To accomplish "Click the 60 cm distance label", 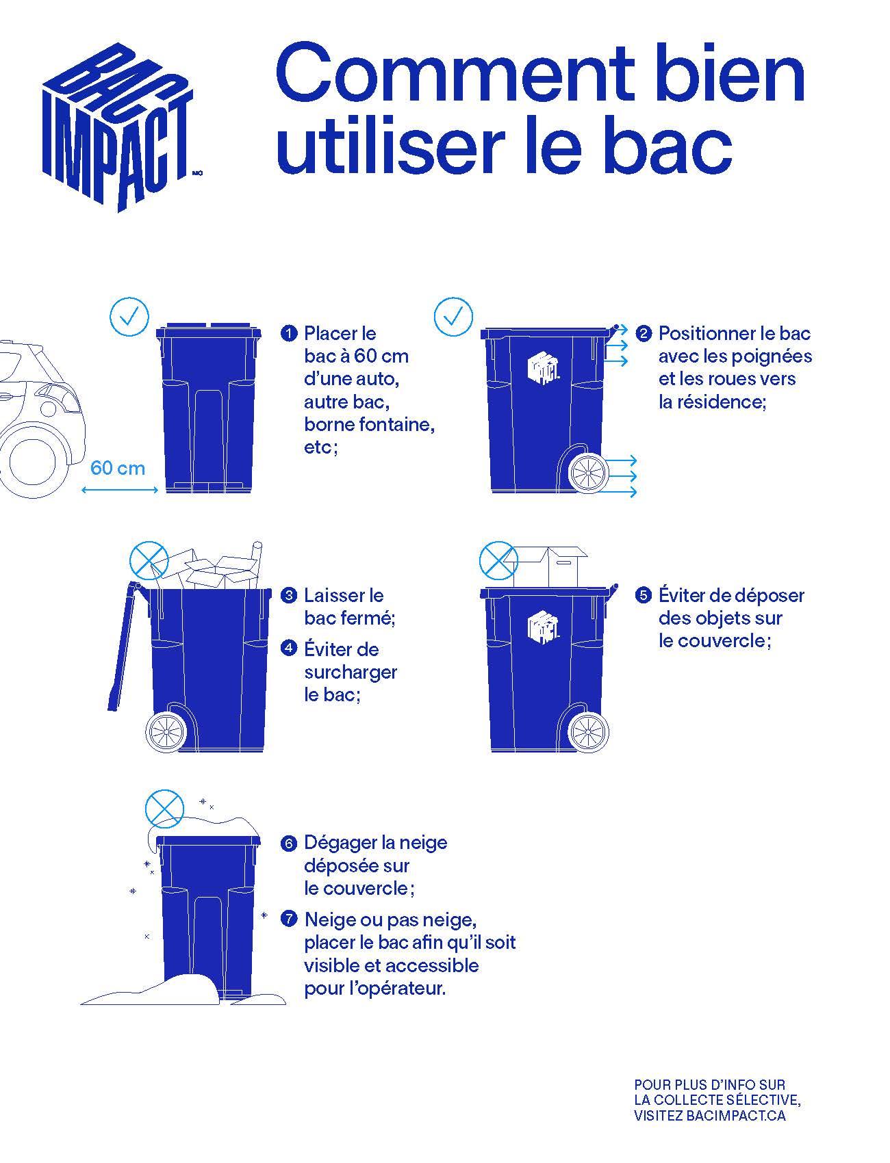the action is tap(118, 469).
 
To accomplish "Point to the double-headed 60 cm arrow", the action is tap(120, 490).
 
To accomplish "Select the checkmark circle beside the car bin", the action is tap(129, 317).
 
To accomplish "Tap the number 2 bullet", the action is tap(644, 334).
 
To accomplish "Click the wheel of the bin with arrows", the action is tap(589, 473).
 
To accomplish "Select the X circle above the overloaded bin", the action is tap(149, 561).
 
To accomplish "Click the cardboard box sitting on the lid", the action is tap(550, 566).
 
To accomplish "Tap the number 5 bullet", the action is tap(644, 595).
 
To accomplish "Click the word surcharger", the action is tap(351, 672).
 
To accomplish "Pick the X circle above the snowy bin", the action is tap(165, 809).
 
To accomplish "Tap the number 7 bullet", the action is tap(289, 919).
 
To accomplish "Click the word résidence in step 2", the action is tap(720, 402).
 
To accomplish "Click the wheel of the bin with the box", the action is tap(589, 732).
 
